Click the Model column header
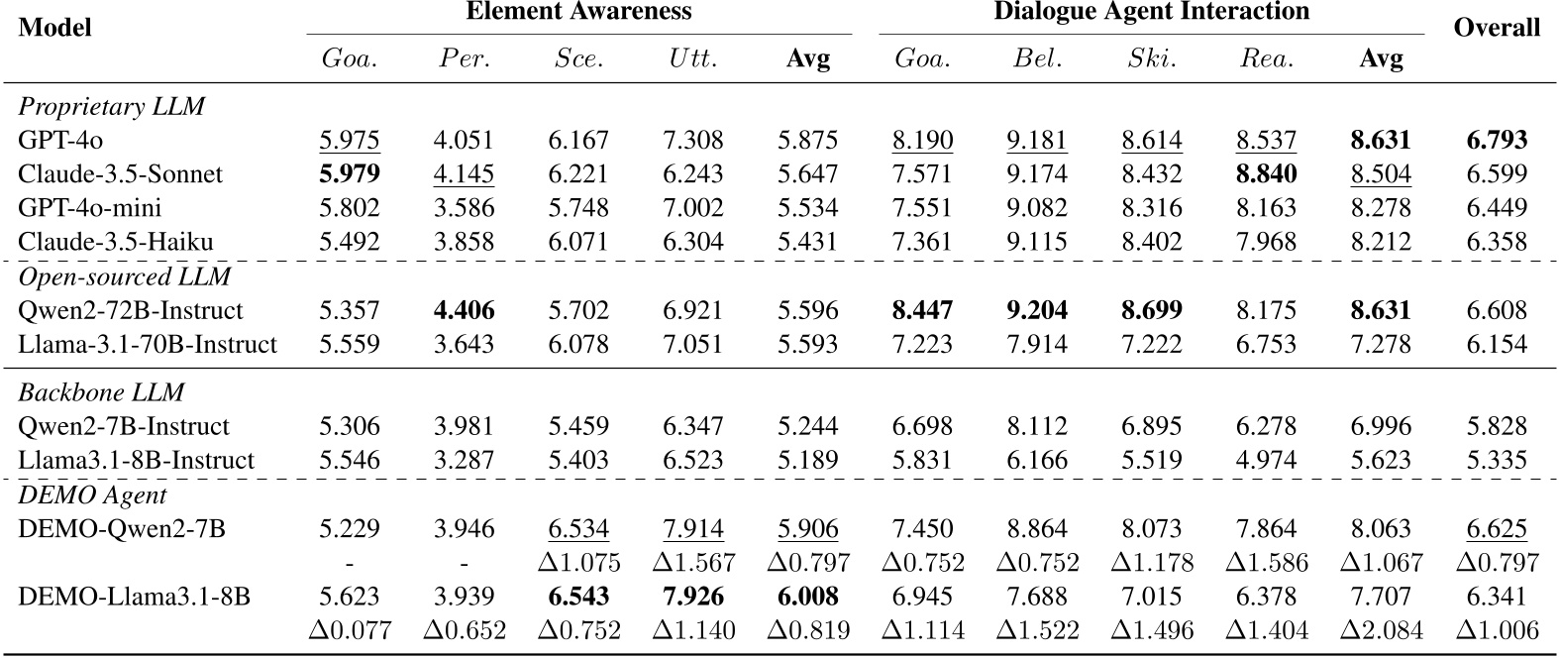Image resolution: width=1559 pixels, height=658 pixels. click(55, 28)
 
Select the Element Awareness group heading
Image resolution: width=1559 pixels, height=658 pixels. click(578, 12)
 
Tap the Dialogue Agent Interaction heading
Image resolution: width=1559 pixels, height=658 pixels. click(1152, 12)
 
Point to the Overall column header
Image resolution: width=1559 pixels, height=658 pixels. click(1497, 28)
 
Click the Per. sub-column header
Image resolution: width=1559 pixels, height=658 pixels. click(464, 58)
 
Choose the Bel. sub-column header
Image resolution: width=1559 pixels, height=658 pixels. click(1037, 58)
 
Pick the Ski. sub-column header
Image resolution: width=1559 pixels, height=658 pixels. click(1152, 58)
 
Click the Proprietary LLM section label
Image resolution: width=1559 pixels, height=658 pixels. click(111, 106)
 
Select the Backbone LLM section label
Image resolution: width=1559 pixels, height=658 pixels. click(101, 392)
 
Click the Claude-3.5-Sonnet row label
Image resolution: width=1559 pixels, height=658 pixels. click(120, 174)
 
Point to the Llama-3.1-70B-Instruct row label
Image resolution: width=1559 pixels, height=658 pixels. click(148, 345)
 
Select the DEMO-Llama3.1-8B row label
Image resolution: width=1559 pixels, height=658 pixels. click(134, 597)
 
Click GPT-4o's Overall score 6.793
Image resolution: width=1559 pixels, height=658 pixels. click(1497, 141)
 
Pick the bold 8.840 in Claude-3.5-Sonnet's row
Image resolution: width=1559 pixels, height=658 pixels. click(1266, 174)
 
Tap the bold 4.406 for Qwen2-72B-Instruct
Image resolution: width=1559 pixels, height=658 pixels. click(464, 311)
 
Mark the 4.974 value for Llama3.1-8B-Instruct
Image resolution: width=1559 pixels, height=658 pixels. click(1266, 460)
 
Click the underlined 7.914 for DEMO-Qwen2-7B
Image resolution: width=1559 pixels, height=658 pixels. click(693, 529)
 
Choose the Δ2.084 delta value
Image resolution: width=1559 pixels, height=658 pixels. click(1382, 630)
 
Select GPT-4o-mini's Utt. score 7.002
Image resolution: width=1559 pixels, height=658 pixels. click(693, 208)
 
